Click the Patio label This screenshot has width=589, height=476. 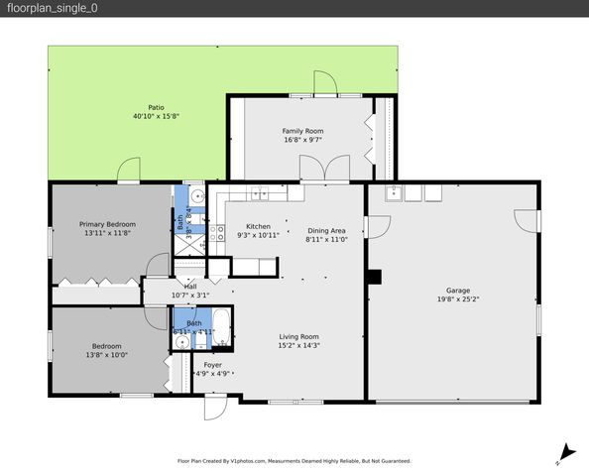(156, 107)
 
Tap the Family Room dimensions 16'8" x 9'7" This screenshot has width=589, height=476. (302, 140)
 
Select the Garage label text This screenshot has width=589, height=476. (457, 291)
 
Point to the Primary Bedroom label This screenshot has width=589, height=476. (107, 224)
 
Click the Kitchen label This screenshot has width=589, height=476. (258, 226)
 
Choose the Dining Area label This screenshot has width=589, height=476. (325, 230)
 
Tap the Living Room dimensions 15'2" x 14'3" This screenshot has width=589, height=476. (298, 346)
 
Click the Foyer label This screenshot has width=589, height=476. (212, 365)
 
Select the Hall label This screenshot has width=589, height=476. (189, 286)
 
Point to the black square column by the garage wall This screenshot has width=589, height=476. (374, 277)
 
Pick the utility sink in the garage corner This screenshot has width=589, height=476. (393, 192)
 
